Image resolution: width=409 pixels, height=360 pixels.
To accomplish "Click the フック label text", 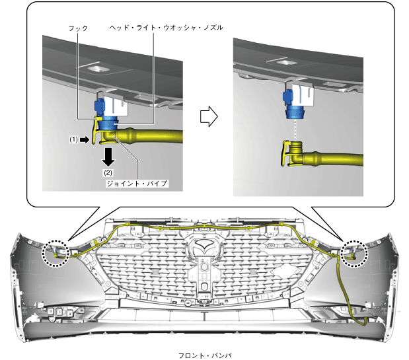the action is (x=78, y=28).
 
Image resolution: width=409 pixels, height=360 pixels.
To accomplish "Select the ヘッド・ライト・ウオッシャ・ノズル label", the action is (x=166, y=27).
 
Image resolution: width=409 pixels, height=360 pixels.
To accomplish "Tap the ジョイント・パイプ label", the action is (x=137, y=184).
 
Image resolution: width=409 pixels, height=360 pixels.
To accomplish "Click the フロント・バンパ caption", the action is (x=205, y=355).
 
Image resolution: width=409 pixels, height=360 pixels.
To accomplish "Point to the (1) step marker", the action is (x=73, y=140).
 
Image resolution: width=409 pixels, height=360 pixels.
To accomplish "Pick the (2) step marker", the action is (x=108, y=172).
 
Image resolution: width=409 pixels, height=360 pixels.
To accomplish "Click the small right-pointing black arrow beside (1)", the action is (x=85, y=140).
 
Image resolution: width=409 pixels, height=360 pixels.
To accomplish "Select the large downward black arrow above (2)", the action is (x=108, y=157).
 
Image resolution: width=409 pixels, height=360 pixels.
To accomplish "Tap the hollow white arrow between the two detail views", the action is (x=209, y=116).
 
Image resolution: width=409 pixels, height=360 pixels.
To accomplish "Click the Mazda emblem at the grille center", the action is (x=205, y=244).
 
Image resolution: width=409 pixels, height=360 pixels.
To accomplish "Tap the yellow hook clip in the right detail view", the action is (x=285, y=153).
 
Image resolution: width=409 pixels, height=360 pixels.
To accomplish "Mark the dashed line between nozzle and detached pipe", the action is (x=295, y=130).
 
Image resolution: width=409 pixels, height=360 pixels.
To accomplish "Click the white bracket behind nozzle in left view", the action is (x=116, y=106).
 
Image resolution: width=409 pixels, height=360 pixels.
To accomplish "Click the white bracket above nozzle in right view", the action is (x=303, y=95).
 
